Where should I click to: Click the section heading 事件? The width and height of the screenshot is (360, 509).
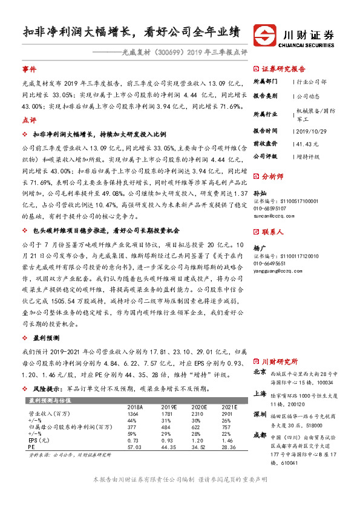click(x=30, y=70)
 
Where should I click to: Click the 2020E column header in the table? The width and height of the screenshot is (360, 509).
click(x=198, y=408)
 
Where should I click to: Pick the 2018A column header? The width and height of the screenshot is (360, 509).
click(x=137, y=408)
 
